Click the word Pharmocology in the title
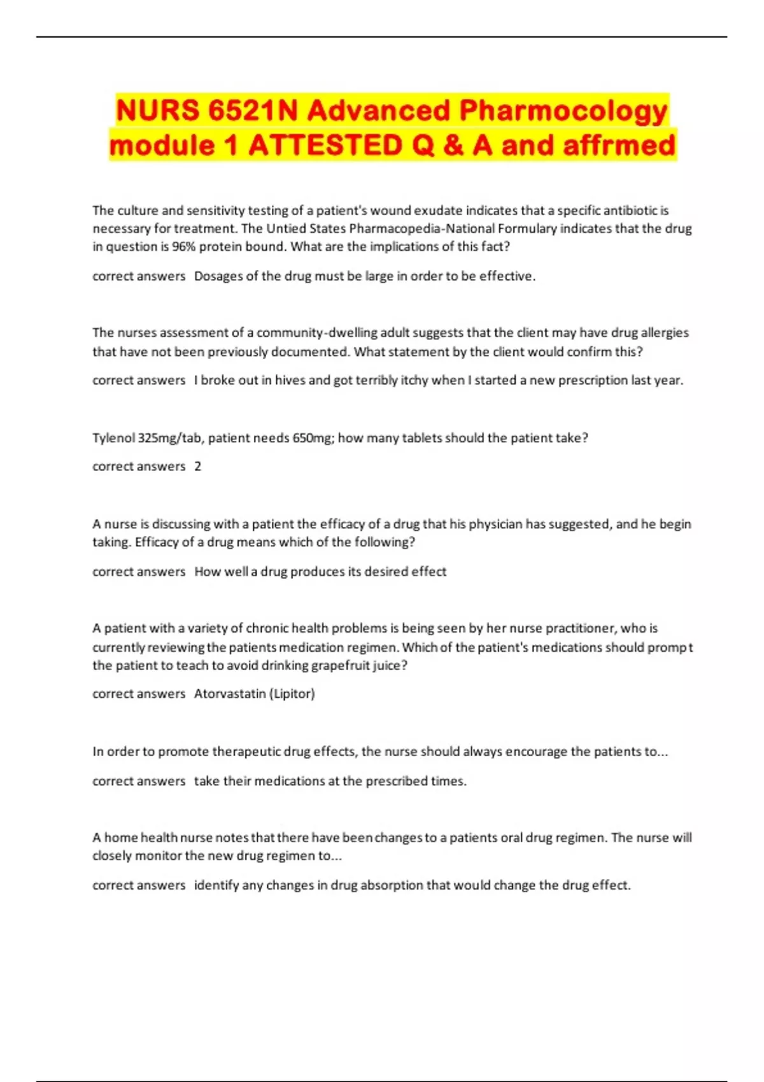pos(563,111)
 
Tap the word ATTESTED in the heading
pos(325,145)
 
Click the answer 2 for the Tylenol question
pos(197,467)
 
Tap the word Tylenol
pos(113,438)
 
